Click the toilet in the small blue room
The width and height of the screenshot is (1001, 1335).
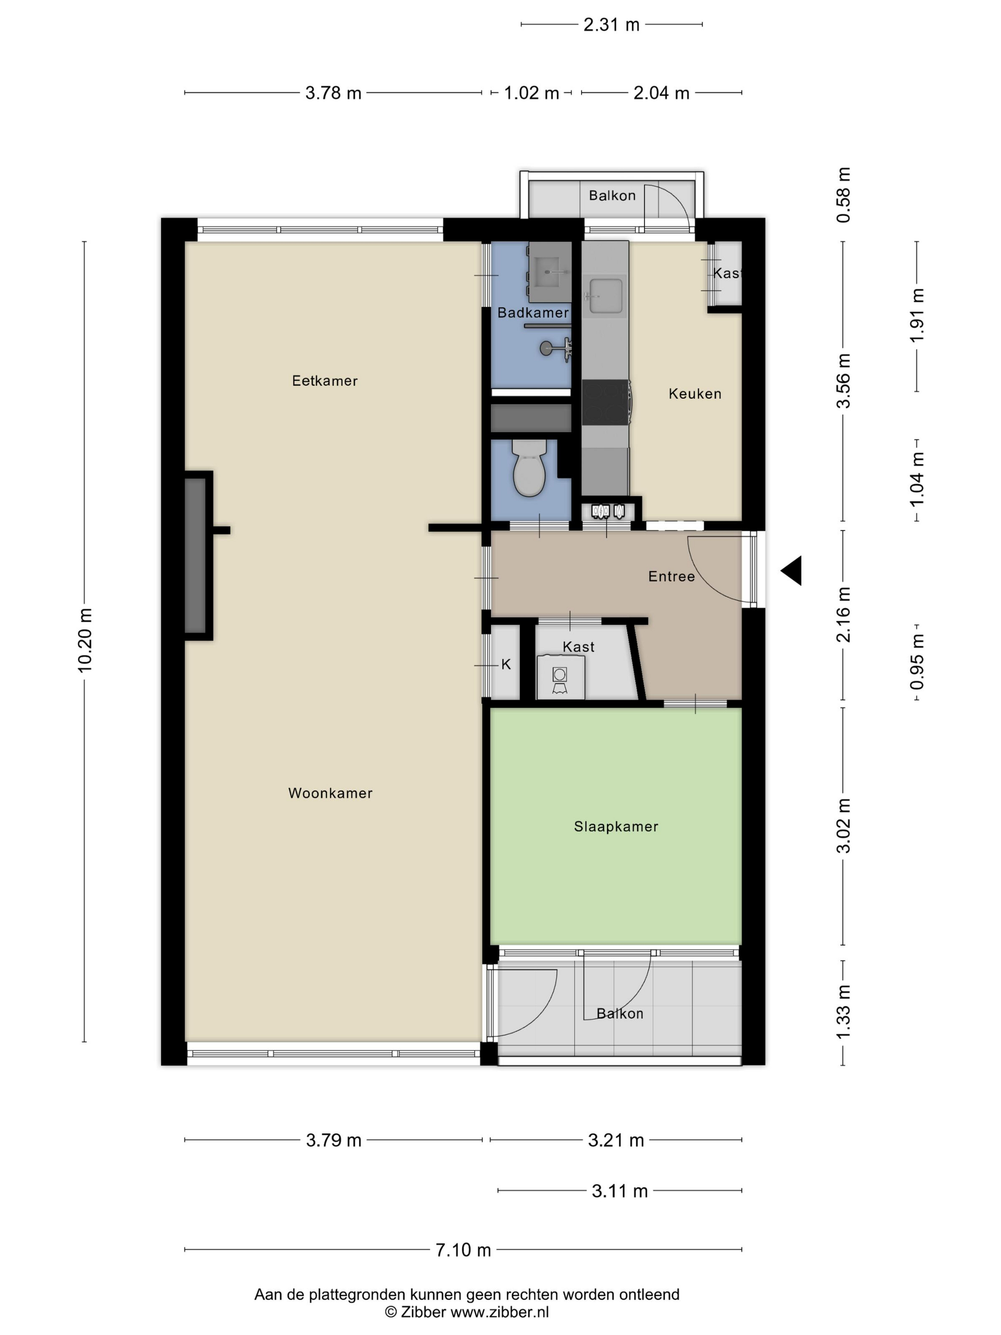529,468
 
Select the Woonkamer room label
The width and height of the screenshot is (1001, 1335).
330,793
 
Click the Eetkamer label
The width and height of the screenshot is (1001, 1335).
325,381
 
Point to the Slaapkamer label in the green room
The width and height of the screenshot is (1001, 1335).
615,827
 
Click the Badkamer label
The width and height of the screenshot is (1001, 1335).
533,313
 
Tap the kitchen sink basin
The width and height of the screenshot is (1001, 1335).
606,297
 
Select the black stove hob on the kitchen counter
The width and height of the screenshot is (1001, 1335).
606,402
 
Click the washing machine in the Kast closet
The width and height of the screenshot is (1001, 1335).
561,677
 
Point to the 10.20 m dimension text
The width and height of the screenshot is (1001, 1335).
85,640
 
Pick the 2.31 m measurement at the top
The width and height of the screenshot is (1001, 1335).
611,25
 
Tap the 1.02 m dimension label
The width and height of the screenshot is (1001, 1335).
531,93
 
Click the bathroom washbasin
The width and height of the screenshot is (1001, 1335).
550,272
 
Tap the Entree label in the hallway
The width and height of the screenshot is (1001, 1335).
672,577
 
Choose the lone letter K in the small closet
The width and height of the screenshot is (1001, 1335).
506,665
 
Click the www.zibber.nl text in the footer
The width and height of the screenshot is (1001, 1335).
500,1312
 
